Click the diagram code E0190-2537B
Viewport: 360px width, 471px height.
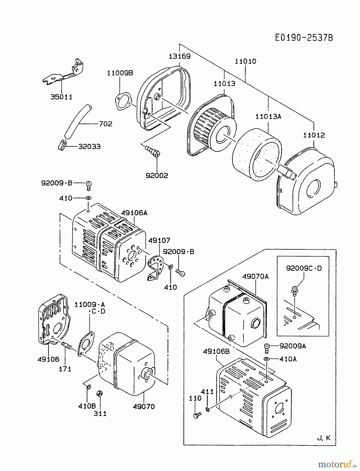point(304,38)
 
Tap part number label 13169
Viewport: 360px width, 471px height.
point(179,56)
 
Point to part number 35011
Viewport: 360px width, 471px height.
point(61,97)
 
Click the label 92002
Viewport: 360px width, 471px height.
point(157,176)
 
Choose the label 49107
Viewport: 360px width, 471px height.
point(159,240)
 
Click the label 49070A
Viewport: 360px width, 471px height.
point(255,276)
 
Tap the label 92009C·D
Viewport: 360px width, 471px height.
point(304,268)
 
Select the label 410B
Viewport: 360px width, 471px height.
point(87,406)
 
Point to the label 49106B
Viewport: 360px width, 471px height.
point(216,351)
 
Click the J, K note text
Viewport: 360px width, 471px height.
point(324,438)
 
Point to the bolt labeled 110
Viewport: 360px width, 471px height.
point(197,415)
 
